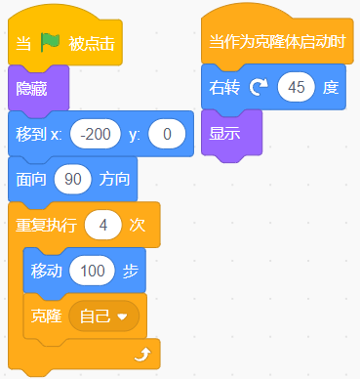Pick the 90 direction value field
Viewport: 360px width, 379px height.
72,179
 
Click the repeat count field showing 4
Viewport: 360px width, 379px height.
101,225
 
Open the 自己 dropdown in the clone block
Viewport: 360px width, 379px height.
102,316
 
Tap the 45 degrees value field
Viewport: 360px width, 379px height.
297,88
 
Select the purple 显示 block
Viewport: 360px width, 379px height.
225,133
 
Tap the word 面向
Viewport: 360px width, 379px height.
30,179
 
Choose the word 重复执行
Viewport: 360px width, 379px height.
45,225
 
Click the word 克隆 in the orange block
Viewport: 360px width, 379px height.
46,316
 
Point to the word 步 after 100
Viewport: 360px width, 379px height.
131,270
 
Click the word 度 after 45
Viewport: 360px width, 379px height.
331,88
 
